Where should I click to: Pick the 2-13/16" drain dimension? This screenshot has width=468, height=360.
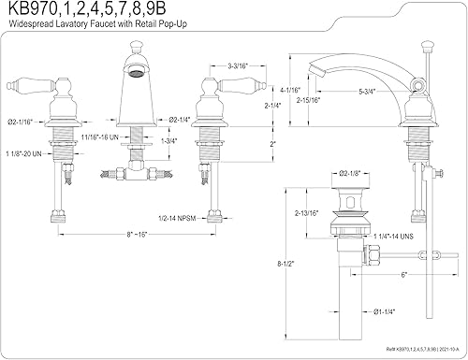(307, 213)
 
